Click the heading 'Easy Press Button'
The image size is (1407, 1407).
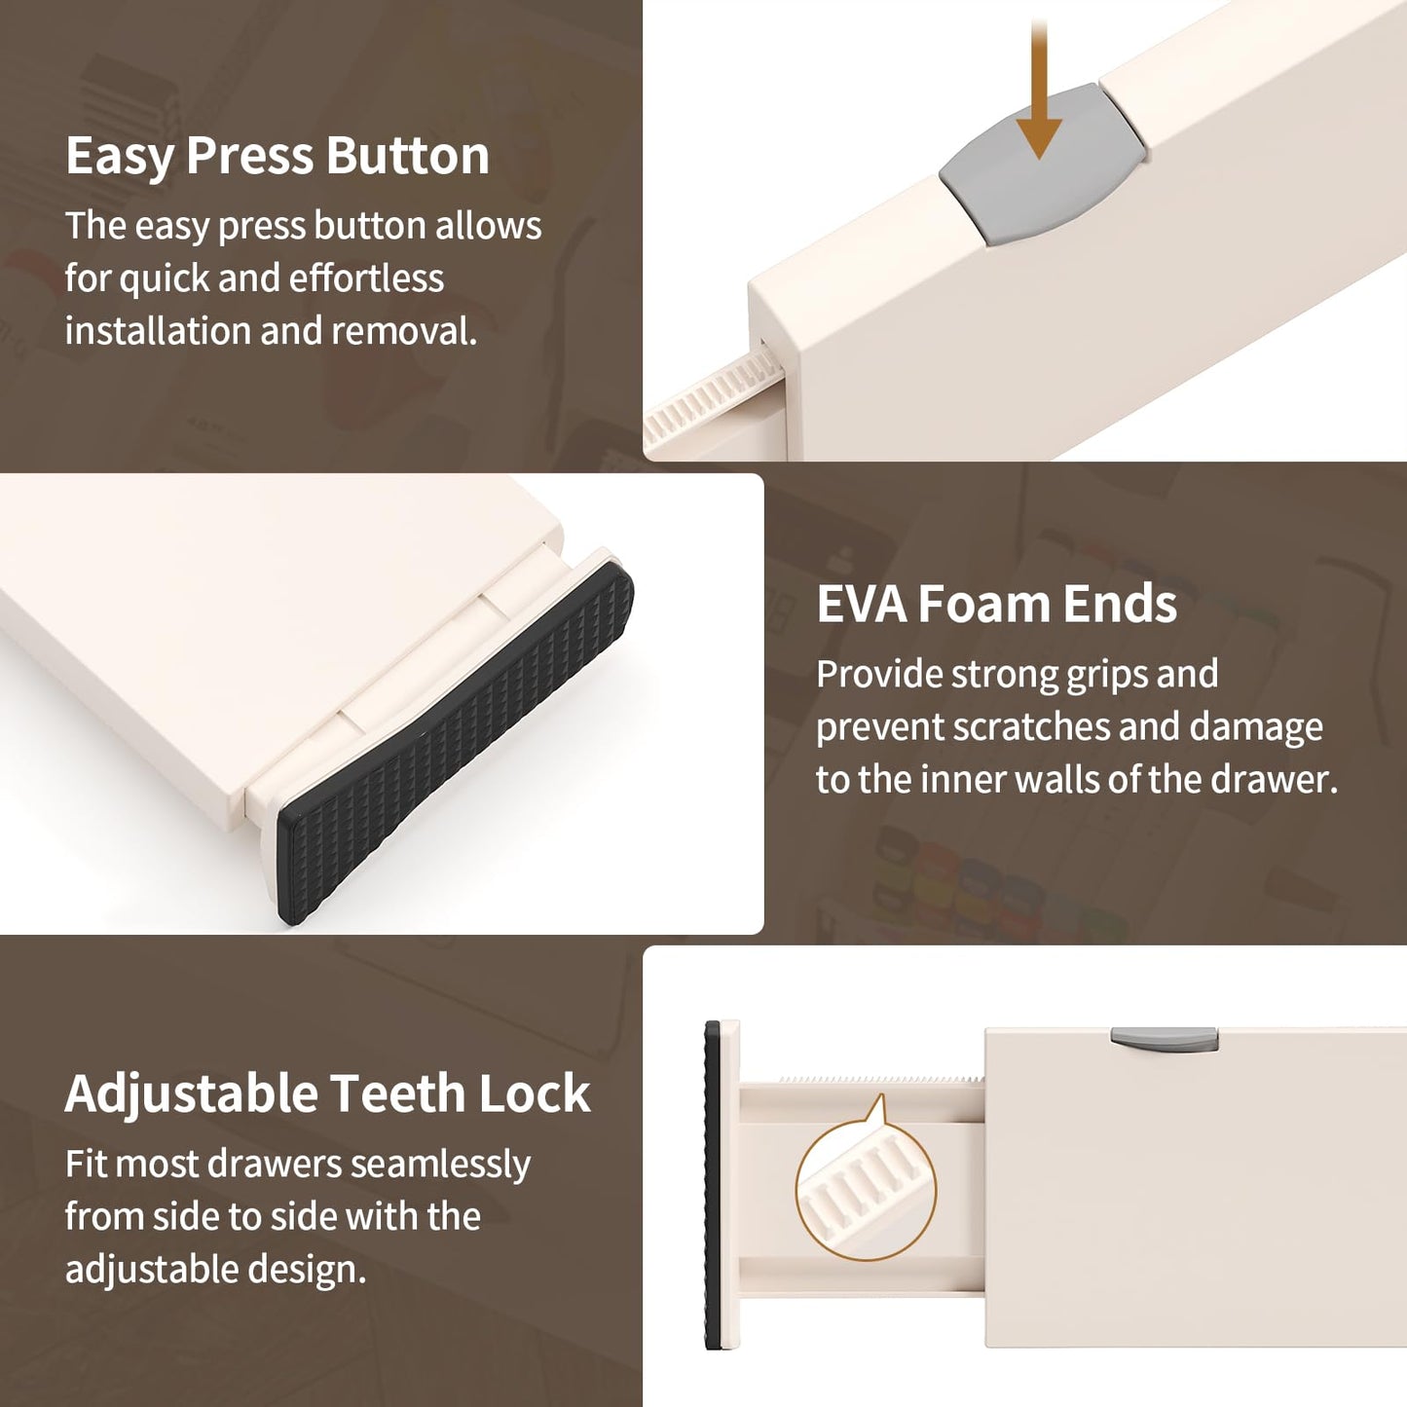tap(278, 156)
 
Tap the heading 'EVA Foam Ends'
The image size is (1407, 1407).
tap(997, 605)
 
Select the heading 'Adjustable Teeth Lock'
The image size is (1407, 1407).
tap(328, 1094)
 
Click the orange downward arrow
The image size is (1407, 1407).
tap(1038, 89)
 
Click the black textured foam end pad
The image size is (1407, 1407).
tap(454, 743)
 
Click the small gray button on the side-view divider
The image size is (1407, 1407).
tap(1164, 1039)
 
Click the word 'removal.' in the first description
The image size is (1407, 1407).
tap(406, 331)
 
